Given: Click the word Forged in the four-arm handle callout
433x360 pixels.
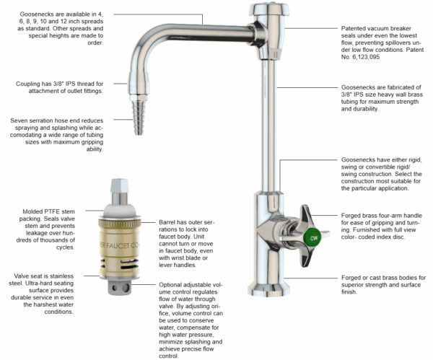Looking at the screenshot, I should (x=356, y=215).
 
